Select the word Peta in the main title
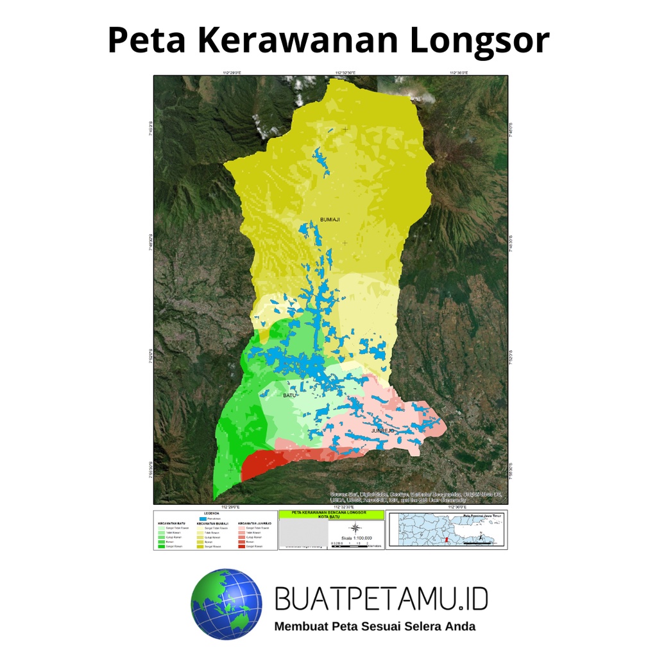(x=146, y=40)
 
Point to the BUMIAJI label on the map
(x=329, y=220)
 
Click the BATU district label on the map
(x=291, y=396)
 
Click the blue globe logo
(x=226, y=604)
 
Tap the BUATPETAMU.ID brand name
(x=381, y=599)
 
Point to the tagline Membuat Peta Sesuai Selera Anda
(x=375, y=626)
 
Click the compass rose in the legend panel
(x=355, y=529)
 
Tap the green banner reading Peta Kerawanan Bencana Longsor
(x=331, y=514)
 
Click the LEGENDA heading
(x=211, y=513)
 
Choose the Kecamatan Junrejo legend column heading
(x=254, y=524)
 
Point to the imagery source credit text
(x=416, y=497)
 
